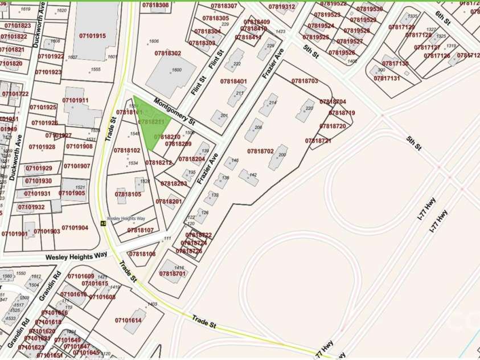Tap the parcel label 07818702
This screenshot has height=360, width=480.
pos(261,152)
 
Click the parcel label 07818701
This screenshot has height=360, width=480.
pos(173,274)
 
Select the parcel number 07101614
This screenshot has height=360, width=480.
pos(128,321)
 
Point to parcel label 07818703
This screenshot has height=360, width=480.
pos(305,81)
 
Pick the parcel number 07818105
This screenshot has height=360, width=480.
pos(128,194)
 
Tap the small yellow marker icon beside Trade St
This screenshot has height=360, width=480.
pos(103,224)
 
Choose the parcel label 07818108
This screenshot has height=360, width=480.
pos(142,254)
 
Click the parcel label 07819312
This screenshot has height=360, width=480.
pos(282,7)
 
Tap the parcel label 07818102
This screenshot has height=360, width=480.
pos(126,150)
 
